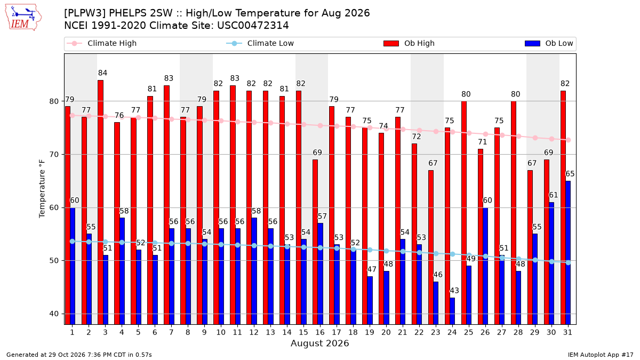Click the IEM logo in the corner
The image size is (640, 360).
coord(23,18)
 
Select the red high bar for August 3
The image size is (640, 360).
coord(101,202)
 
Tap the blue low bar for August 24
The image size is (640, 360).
coord(452,311)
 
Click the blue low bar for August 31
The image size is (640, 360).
coord(568,253)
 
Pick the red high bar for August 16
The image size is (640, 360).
coord(315,242)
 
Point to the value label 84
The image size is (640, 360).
coord(102,73)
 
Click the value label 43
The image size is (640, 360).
coord(454,291)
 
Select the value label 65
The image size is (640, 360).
coord(570,174)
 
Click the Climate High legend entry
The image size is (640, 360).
coord(102,43)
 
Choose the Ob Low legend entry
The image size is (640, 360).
coord(549,43)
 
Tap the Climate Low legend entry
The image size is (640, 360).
coord(260,43)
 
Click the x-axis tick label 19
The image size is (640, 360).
coord(370,332)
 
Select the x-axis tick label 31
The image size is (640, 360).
coord(567,332)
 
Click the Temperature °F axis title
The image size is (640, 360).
coord(42,189)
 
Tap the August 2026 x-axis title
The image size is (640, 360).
coord(319,343)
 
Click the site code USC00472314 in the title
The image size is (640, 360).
coord(253,26)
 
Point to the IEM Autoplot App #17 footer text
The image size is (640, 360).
coord(601,355)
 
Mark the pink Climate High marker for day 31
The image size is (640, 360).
coord(569,140)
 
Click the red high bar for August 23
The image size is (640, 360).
coord(431,247)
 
